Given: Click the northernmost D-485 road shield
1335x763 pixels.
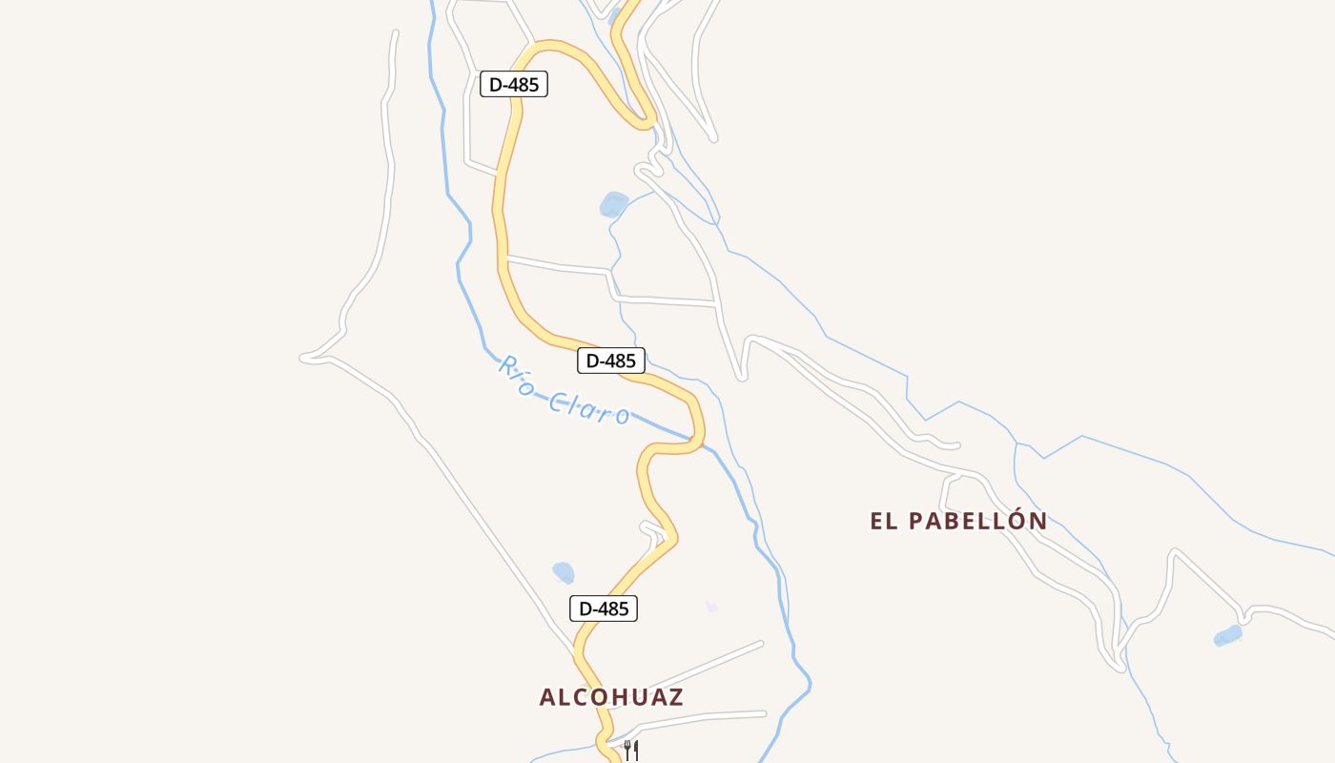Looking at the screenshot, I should [514, 84].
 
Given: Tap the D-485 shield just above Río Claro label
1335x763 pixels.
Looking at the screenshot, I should [611, 361].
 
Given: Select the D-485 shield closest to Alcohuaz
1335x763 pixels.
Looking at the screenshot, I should [604, 608].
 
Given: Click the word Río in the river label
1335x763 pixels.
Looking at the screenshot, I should [515, 374].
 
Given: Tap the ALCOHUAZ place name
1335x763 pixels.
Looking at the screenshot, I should [611, 697].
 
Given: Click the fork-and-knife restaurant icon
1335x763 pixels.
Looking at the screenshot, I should [630, 750].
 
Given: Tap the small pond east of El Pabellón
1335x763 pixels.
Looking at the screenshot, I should [1228, 635].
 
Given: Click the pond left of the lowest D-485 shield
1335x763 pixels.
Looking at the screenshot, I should [564, 572].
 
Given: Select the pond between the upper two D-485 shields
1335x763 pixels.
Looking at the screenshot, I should [613, 204].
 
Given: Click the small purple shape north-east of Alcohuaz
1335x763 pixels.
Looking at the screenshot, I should [710, 606].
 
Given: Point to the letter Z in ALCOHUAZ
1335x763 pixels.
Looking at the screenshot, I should [676, 697].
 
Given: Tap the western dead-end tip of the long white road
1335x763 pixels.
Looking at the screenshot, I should [303, 359].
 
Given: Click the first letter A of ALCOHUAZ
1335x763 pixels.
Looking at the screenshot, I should [547, 697].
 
